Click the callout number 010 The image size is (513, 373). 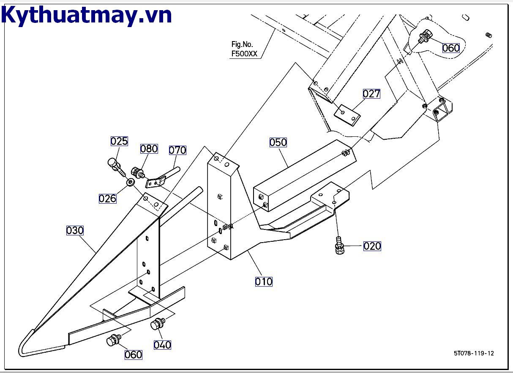(264, 281)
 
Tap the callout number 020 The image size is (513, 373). (372, 246)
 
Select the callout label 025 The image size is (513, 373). (119, 141)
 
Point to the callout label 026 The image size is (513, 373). (107, 198)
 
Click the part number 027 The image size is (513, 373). (371, 94)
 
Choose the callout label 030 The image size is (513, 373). (75, 231)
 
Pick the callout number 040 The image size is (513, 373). (162, 345)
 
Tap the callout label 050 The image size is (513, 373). (278, 142)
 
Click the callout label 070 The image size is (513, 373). (177, 150)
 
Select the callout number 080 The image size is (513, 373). (149, 149)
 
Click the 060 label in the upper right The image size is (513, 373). (451, 48)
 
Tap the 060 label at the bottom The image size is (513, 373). (134, 354)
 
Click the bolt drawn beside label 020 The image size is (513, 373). (339, 246)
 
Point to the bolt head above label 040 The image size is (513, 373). (158, 324)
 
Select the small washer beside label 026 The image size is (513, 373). (131, 182)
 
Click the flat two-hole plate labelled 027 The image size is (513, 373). (347, 114)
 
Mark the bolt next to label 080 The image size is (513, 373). (137, 172)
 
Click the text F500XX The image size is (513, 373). (244, 54)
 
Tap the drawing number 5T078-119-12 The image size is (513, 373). (474, 353)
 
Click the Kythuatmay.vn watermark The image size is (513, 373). (87, 15)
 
